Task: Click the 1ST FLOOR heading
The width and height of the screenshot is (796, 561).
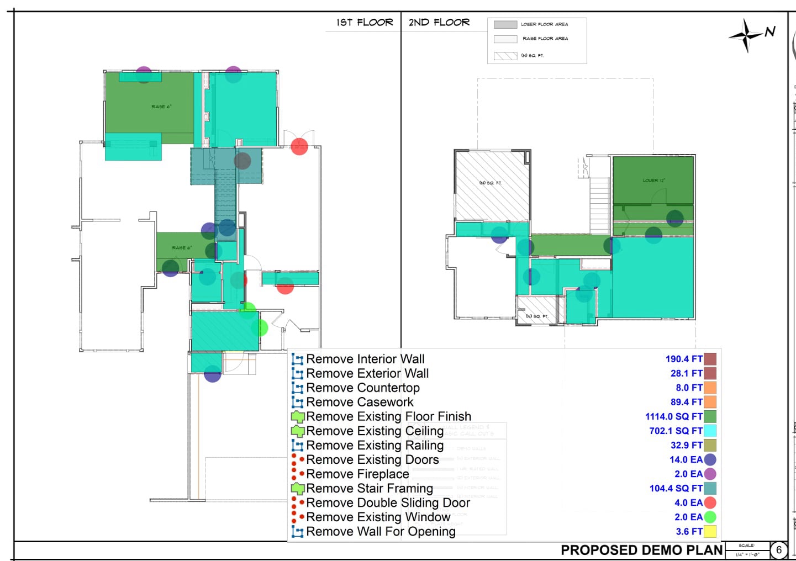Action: [x=365, y=23]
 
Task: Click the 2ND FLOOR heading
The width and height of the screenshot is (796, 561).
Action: [x=439, y=23]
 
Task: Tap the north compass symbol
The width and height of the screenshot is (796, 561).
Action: [x=747, y=35]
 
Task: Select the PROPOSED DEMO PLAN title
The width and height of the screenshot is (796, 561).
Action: [x=641, y=550]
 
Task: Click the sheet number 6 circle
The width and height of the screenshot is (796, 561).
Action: [x=779, y=550]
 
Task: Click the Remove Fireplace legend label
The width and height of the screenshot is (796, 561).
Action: [x=357, y=474]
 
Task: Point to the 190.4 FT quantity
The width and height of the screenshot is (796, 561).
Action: [x=684, y=359]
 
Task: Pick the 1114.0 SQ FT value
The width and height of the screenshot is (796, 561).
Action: [x=674, y=417]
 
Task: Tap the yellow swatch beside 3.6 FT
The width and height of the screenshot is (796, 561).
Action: [x=710, y=532]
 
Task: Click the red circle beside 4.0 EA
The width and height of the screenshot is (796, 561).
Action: [x=710, y=503]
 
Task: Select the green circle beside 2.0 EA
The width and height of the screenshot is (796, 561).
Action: [x=710, y=517]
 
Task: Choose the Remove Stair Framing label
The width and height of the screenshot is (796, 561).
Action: [x=370, y=489]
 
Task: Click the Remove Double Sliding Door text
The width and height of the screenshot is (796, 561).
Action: [x=388, y=503]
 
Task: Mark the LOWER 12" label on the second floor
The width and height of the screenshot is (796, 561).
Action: [x=653, y=181]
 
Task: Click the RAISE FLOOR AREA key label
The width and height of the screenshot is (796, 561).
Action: [x=545, y=39]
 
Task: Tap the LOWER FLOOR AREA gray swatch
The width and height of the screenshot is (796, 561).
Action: [x=505, y=25]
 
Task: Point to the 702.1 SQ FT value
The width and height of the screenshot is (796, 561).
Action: [x=676, y=431]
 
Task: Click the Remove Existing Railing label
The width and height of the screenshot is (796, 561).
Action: [x=375, y=446]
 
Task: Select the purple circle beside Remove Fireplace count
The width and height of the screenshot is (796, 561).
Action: [x=710, y=474]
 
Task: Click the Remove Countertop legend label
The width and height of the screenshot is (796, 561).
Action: [x=363, y=388]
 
